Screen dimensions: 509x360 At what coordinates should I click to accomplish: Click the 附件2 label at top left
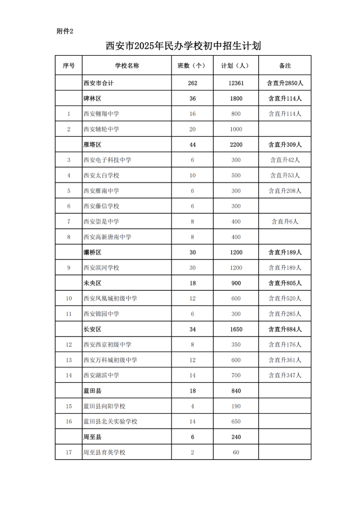click(x=65, y=31)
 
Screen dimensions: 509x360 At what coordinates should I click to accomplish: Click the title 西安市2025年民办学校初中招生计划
click(x=183, y=46)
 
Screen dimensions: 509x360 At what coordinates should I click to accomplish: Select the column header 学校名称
click(x=127, y=66)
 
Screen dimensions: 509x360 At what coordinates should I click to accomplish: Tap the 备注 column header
click(x=285, y=66)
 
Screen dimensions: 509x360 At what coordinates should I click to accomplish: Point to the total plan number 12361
click(x=236, y=83)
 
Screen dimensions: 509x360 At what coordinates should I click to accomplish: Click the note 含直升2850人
click(x=285, y=83)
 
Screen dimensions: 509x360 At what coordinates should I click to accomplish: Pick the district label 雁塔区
click(x=92, y=145)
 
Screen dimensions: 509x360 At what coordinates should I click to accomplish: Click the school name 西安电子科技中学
click(x=107, y=160)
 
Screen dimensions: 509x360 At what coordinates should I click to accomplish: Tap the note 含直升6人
click(x=285, y=222)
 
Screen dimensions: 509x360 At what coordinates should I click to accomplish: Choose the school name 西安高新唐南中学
click(x=107, y=237)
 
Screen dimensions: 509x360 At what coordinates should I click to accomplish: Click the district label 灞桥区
click(x=92, y=253)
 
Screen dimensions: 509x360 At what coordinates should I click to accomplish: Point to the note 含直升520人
click(x=285, y=298)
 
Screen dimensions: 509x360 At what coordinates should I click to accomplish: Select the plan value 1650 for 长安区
click(x=236, y=329)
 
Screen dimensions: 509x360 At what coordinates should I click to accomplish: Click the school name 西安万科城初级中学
click(x=110, y=360)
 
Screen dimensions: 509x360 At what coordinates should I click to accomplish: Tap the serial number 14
click(x=69, y=375)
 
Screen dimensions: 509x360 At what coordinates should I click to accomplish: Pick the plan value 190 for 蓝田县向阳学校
click(x=236, y=406)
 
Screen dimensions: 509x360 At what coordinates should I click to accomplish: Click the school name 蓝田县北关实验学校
click(x=110, y=422)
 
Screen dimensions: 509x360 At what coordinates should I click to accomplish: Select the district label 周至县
click(x=92, y=437)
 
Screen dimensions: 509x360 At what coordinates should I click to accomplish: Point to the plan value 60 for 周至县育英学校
click(x=236, y=452)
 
